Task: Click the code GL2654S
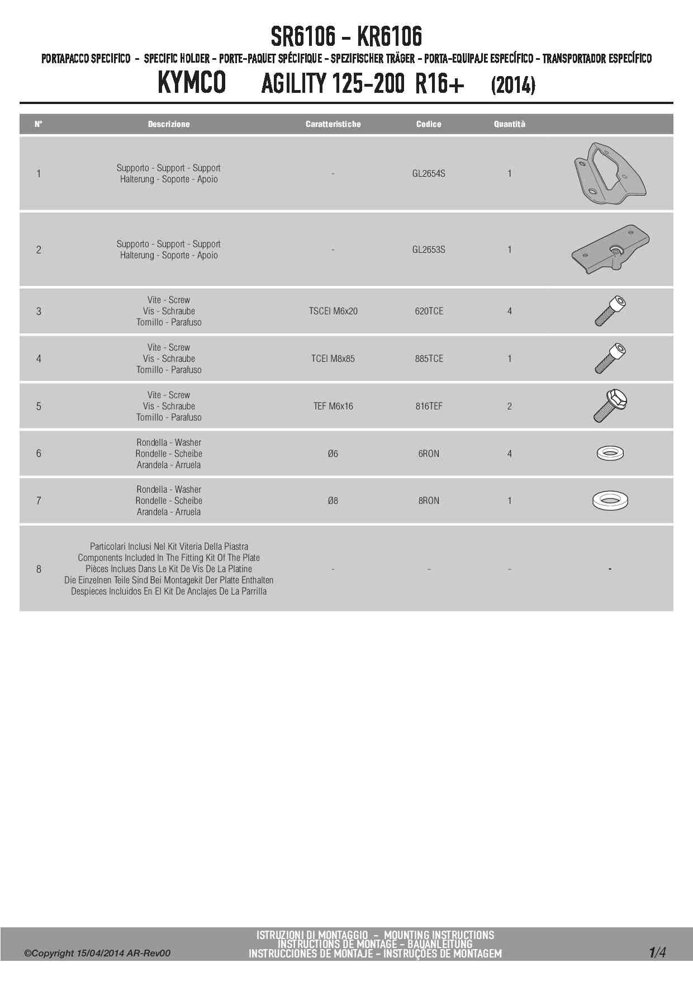(429, 173)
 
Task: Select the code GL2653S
(429, 249)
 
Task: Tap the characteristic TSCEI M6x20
(333, 311)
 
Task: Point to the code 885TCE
(429, 359)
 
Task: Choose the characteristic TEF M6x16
(333, 406)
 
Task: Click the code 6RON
(429, 454)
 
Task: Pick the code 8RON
(429, 501)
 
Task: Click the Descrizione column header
(169, 124)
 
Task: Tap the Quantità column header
(509, 124)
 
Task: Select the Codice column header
(429, 124)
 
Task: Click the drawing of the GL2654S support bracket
(610, 174)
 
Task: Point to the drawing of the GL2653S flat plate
(610, 249)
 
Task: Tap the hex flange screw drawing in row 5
(610, 405)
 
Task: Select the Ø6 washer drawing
(610, 453)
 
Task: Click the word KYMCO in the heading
(192, 83)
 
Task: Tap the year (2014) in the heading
(512, 86)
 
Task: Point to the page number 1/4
(657, 952)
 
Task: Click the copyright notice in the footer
(97, 953)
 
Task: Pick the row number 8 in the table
(39, 569)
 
